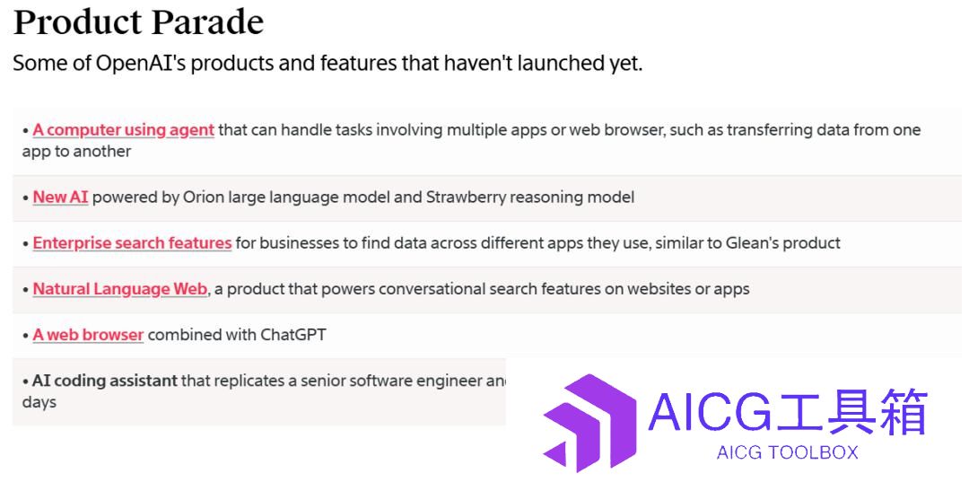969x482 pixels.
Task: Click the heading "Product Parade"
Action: (138, 22)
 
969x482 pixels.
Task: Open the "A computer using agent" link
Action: (124, 130)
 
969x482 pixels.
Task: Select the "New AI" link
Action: (61, 197)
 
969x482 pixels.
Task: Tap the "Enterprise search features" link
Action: (132, 243)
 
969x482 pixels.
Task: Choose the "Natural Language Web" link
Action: (120, 289)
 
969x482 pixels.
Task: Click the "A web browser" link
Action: (88, 335)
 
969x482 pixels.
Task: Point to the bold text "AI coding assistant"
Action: (104, 381)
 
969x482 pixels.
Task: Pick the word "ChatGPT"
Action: (292, 335)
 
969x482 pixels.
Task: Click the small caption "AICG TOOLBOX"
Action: (788, 453)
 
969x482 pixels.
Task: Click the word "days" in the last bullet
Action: (39, 402)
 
